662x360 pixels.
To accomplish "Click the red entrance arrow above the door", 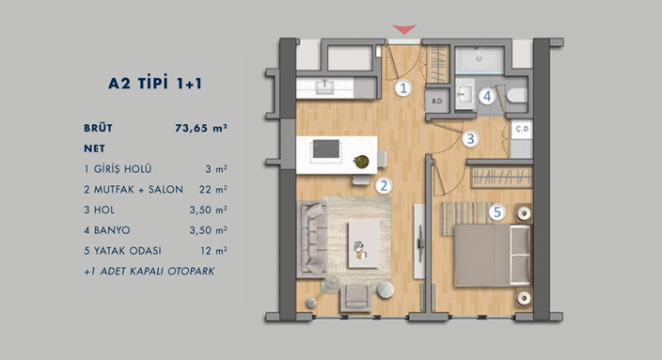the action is (x=404, y=29).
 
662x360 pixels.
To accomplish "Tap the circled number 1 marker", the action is (x=403, y=88).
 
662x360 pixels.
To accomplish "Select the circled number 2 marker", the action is (x=384, y=186).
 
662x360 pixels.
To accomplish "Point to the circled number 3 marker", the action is (x=470, y=139).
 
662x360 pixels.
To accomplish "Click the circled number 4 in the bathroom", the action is (x=487, y=96).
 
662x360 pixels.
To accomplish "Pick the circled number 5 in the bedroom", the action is (x=496, y=212).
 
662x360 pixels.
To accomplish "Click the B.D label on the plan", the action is (x=437, y=102).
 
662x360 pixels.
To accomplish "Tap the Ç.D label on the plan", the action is (x=523, y=129).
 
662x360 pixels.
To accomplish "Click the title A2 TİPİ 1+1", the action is (x=155, y=83).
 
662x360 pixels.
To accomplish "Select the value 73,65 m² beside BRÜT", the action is (x=201, y=128).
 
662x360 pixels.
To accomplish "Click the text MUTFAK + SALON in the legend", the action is (x=138, y=190).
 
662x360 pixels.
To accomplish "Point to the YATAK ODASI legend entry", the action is (x=128, y=251).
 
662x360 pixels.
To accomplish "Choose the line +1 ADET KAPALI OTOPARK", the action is (x=149, y=271).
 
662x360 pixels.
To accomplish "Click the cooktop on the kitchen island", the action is (x=326, y=149).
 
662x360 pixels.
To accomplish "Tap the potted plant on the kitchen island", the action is (x=361, y=162).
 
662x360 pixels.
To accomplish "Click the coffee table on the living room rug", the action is (x=364, y=244).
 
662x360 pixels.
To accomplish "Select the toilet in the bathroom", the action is (x=517, y=95).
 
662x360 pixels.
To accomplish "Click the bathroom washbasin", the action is (x=465, y=94).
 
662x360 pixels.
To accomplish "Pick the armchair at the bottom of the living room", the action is (x=355, y=298).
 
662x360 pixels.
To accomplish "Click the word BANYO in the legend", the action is (x=112, y=230).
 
